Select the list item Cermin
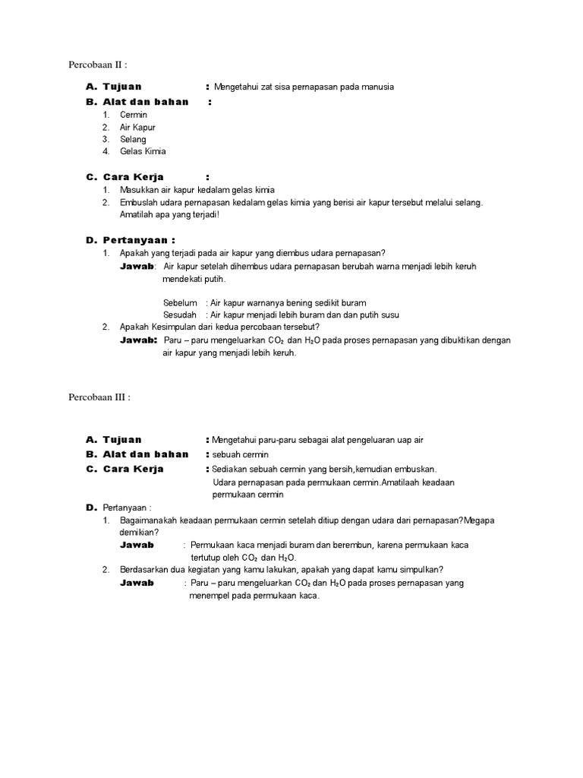tap(134, 115)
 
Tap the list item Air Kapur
tap(137, 127)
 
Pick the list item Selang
tap(133, 139)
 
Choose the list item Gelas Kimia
tap(143, 151)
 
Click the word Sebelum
tap(180, 302)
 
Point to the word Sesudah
tap(180, 315)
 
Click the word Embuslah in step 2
tap(139, 202)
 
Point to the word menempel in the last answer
tap(209, 596)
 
